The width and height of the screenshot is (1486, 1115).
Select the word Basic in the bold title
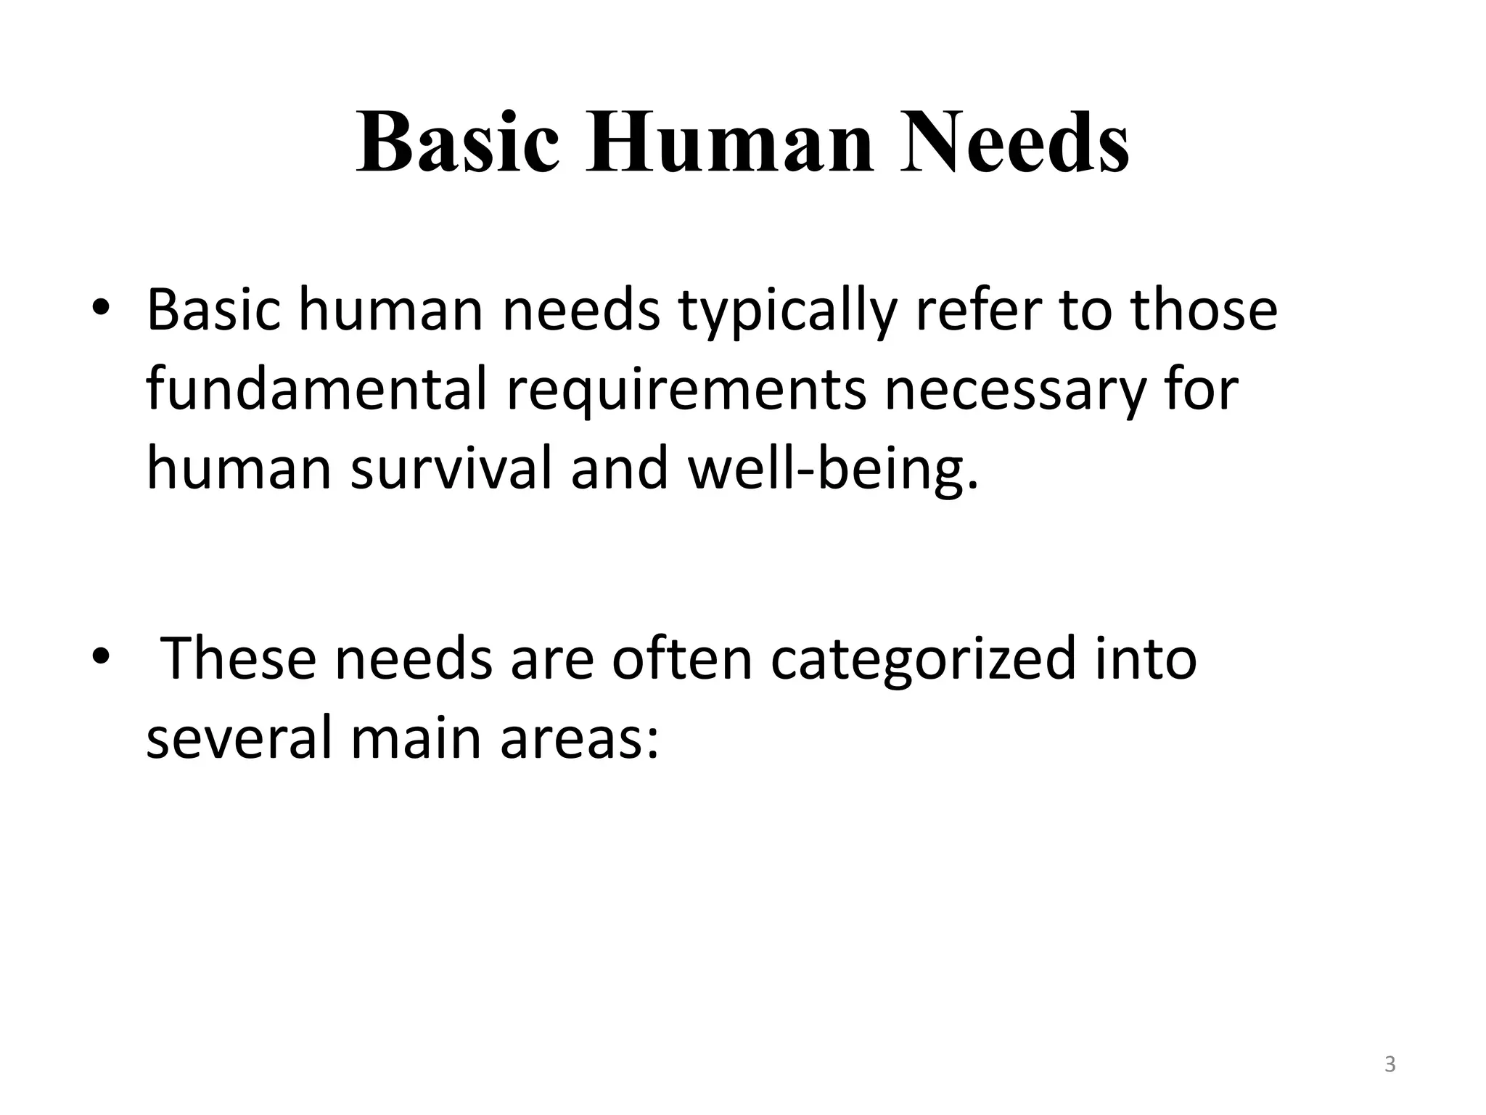click(x=458, y=142)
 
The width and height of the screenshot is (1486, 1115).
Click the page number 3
click(x=1389, y=1064)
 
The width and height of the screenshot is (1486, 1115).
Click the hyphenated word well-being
click(x=832, y=470)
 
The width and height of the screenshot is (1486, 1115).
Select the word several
click(x=239, y=736)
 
